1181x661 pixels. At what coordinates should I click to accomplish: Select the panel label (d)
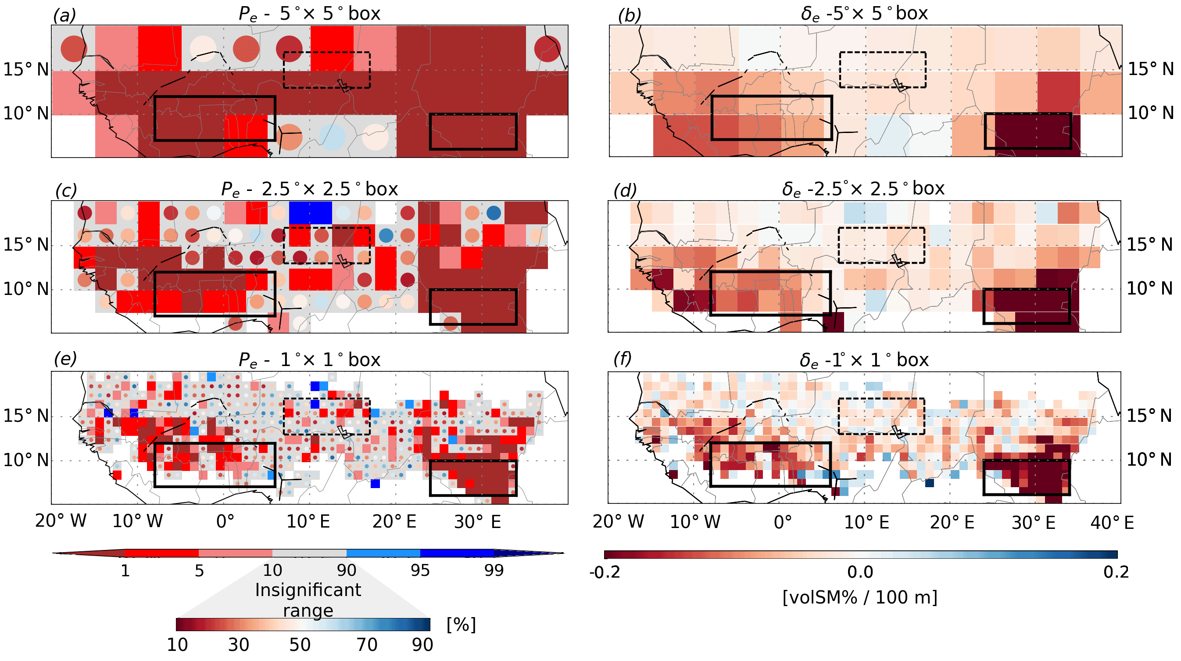tap(624, 190)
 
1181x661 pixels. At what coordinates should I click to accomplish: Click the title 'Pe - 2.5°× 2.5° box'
tap(309, 189)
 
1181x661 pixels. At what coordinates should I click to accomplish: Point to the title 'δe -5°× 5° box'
tap(864, 13)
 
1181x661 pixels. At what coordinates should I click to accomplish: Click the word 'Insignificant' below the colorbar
tap(308, 590)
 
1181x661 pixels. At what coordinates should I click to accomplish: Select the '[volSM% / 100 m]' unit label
tap(859, 597)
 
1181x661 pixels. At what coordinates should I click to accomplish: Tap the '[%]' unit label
tap(461, 625)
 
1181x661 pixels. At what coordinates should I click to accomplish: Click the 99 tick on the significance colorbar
tap(494, 570)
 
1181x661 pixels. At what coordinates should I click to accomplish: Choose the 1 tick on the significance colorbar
tap(125, 570)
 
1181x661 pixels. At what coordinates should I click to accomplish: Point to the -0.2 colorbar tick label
tap(605, 572)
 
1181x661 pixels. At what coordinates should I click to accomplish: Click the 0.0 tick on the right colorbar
tap(860, 572)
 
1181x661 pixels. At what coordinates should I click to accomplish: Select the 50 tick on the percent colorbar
tap(300, 645)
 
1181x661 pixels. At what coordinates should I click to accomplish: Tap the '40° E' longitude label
tap(1112, 522)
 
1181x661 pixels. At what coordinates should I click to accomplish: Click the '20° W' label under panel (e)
tap(61, 521)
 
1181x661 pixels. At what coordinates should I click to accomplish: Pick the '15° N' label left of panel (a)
tap(26, 70)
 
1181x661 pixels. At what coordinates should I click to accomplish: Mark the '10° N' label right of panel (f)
tap(1149, 459)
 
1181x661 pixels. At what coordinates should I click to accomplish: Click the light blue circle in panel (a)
tap(333, 137)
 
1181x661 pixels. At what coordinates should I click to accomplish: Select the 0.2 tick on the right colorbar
tap(1116, 572)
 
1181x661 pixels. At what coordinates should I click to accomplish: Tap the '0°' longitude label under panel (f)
tap(783, 522)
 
